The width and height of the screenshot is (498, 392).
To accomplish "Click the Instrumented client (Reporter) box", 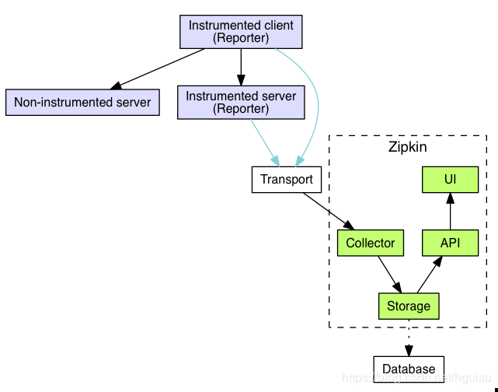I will pos(241,32).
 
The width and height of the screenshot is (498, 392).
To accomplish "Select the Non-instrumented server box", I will pos(82,102).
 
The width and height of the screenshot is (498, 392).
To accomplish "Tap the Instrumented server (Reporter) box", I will pos(241,102).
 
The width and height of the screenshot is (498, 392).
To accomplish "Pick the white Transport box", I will pos(287,180).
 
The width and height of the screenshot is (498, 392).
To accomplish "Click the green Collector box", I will pos(371,243).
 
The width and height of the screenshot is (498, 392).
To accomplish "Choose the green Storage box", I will pos(409,306).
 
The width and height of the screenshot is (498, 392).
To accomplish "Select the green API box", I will pos(450,243).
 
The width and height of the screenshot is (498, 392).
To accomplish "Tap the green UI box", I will pos(450,180).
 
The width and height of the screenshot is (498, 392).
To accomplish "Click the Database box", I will pos(409,368).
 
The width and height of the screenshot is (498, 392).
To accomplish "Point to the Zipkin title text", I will pos(408,147).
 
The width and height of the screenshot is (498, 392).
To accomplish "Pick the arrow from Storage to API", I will pos(430,274).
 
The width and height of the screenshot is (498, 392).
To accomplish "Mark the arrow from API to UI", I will pos(450,212).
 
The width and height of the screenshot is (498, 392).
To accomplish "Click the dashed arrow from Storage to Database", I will pos(409,336).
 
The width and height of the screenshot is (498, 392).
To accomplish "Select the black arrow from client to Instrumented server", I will pos(241,67).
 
